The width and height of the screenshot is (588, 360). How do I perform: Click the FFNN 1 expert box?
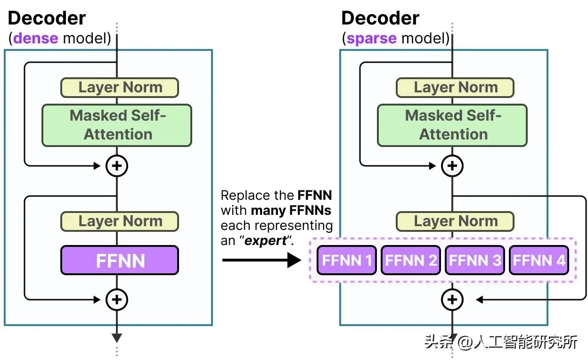coord(347,260)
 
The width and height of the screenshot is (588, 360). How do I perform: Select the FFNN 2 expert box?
coord(411,260)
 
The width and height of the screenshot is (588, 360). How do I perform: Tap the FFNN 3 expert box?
coord(475,260)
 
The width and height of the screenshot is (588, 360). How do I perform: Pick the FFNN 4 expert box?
coord(539,260)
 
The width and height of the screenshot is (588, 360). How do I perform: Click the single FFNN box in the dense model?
coord(120,260)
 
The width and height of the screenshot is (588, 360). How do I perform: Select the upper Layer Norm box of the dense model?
coord(120,88)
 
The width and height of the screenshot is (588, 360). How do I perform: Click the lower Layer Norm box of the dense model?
coord(120,221)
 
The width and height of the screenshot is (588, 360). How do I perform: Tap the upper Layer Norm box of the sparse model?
coord(455,88)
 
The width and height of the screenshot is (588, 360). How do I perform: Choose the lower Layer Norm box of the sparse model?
coord(455,221)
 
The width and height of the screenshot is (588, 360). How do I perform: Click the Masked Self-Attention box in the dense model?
coord(117,125)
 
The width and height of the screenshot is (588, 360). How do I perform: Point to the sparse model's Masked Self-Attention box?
coord(452,125)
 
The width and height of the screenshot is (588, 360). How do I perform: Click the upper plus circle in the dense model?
coord(117,166)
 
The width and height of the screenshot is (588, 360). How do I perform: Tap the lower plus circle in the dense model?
coord(117,300)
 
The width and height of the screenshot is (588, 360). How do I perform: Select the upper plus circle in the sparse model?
coord(452,166)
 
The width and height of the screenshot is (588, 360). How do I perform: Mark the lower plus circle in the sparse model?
coord(452,300)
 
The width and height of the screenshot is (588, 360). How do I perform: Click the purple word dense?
coord(36,38)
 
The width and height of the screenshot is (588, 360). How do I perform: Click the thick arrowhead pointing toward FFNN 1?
coord(294,260)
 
